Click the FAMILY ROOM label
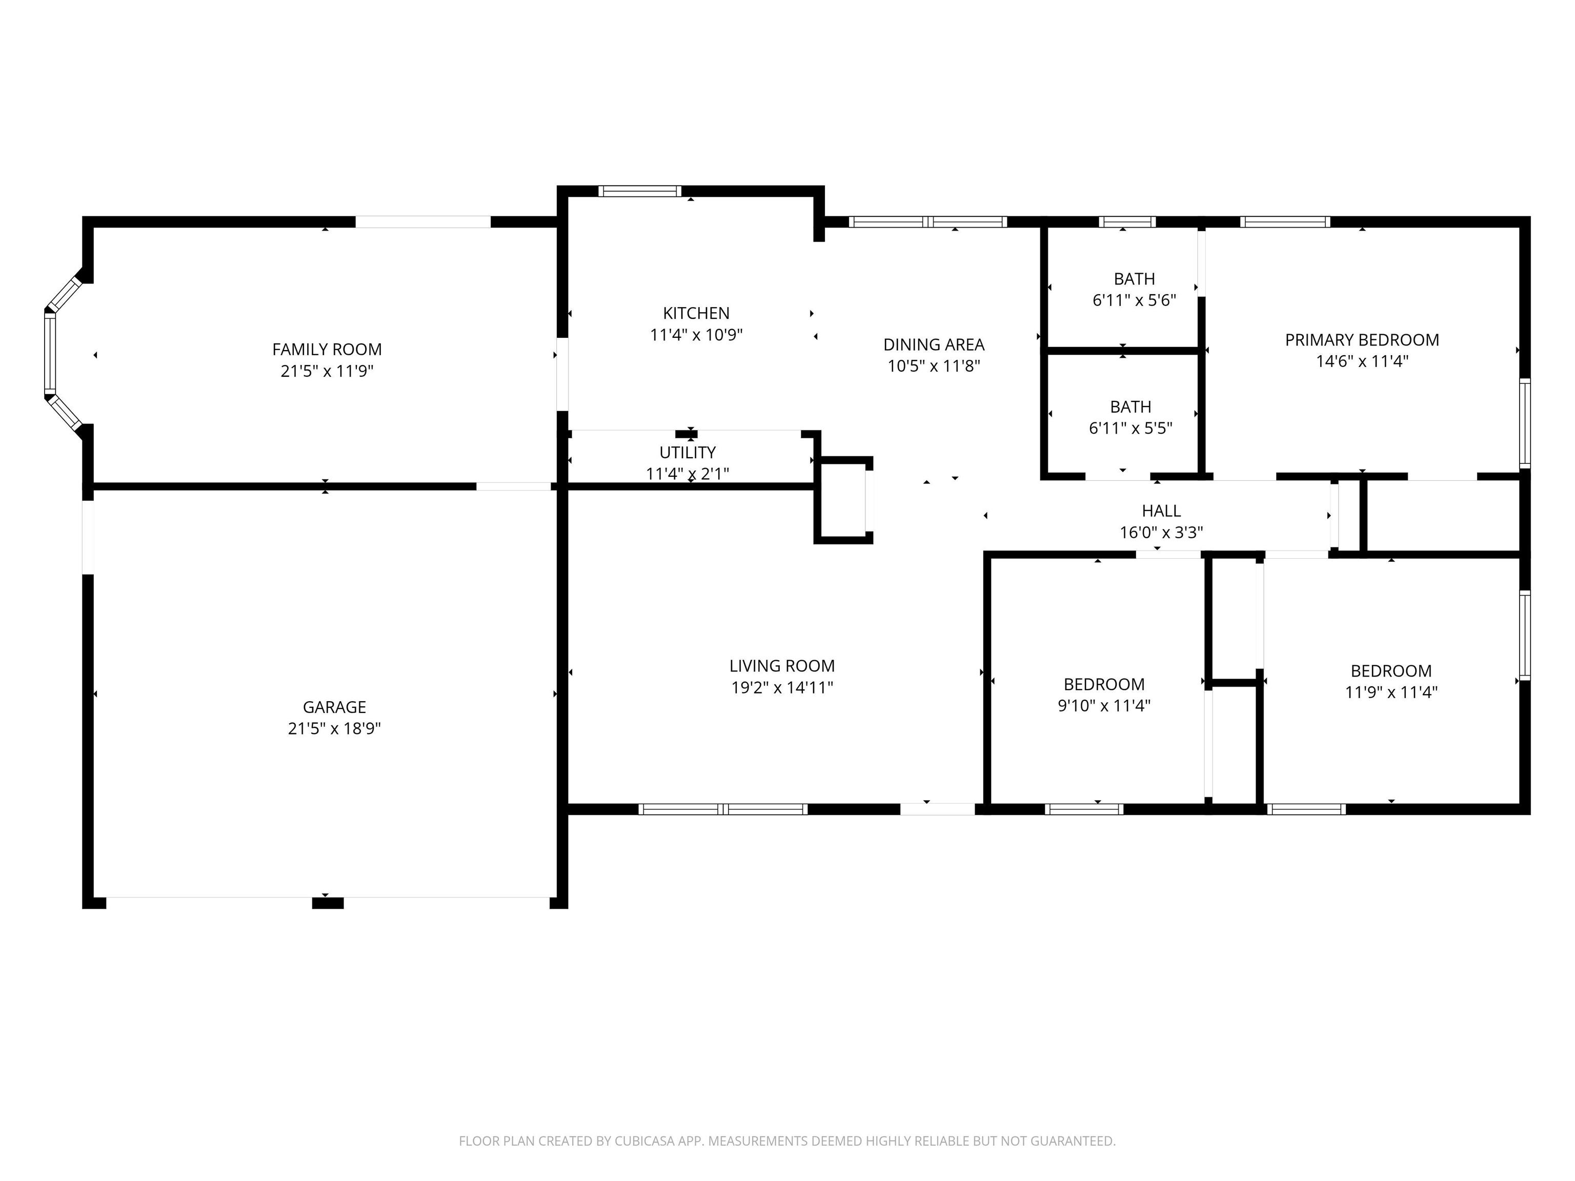pos(327,350)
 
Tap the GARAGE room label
pos(334,707)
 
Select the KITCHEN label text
pos(696,313)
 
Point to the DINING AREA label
pos(934,344)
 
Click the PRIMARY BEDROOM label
pos(1361,340)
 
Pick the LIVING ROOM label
pos(782,666)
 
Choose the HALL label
pos(1161,511)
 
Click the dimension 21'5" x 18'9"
pos(334,728)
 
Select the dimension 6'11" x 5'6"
pos(1134,300)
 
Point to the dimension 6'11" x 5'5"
pos(1130,429)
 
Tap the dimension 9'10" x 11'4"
pos(1104,705)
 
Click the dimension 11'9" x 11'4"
pos(1391,692)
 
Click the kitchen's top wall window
pos(639,191)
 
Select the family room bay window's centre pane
pos(50,354)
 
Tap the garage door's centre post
pos(328,903)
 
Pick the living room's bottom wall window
pos(723,809)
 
